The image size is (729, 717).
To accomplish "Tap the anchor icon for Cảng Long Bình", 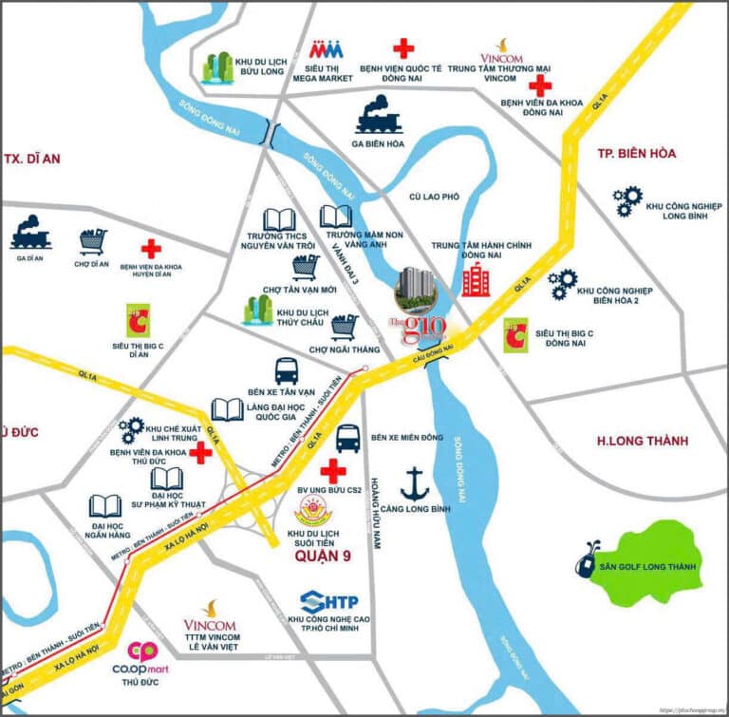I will (414, 482).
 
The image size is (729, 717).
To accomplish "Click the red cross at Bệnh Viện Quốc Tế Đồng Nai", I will (403, 48).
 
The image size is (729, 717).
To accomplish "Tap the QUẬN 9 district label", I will (323, 557).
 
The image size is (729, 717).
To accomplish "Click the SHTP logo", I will (328, 601).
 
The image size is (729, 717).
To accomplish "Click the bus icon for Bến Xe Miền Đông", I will (348, 438).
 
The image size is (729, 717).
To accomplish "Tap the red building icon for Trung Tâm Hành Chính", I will (476, 279).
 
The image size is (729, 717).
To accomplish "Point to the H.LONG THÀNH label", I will (642, 441).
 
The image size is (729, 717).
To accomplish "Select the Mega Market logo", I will (327, 48).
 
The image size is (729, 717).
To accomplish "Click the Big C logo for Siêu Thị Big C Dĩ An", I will (138, 321).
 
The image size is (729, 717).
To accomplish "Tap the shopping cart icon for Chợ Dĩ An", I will (92, 241).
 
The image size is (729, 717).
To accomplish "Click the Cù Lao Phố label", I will (434, 197).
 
